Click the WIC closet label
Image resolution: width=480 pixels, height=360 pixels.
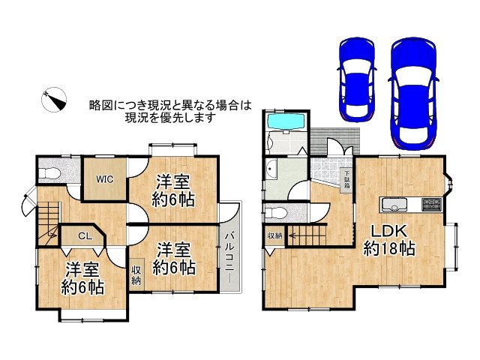coord(103,179)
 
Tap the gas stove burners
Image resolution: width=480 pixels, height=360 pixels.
coord(433,204)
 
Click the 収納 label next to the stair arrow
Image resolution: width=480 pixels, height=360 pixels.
coord(274,235)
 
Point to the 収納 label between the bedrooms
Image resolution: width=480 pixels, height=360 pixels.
coord(136,275)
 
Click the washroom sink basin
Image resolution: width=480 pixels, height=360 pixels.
coord(271,168)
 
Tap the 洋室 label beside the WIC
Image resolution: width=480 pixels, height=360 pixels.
coord(173,181)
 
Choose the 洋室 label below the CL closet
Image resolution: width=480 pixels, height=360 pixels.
coord(82,270)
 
